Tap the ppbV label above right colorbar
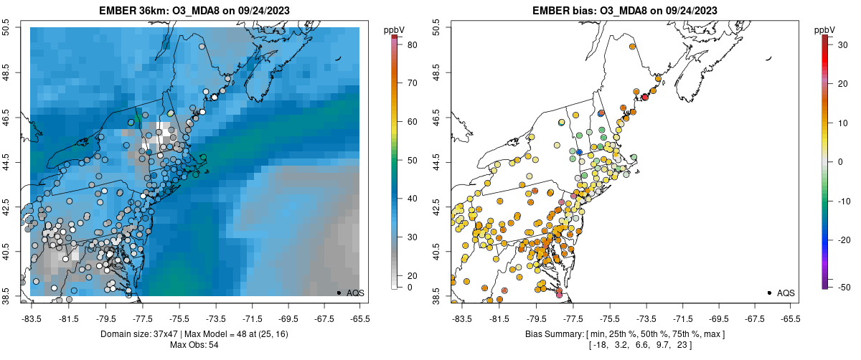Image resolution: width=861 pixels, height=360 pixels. [826, 29]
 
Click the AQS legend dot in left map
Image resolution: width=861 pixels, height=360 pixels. [339, 293]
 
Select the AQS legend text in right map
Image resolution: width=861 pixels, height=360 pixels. [786, 293]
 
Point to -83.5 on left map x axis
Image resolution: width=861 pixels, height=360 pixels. [31, 318]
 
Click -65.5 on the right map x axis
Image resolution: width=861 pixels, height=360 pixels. [790, 318]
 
